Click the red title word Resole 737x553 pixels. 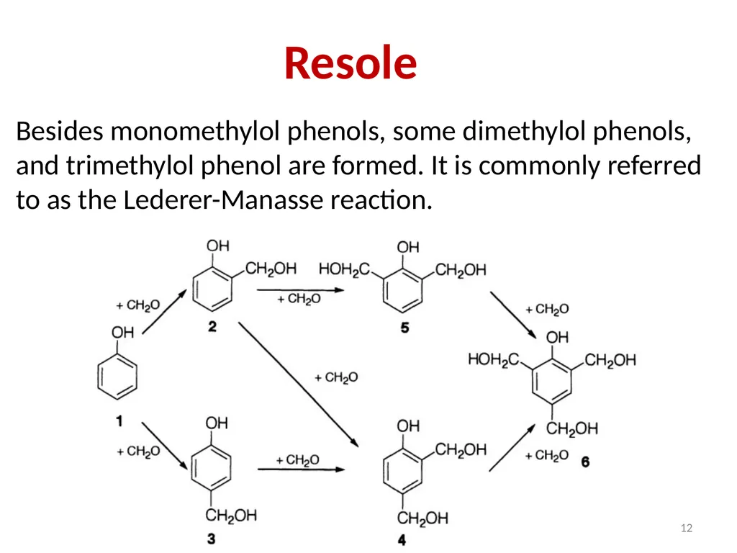pyautogui.click(x=351, y=63)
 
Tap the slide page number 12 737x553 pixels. pyautogui.click(x=686, y=528)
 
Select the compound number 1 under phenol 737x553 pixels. pyautogui.click(x=119, y=421)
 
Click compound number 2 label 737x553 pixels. pyautogui.click(x=212, y=326)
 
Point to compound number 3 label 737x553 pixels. pyautogui.click(x=212, y=539)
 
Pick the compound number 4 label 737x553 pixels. pyautogui.click(x=402, y=540)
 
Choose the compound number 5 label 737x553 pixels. pyautogui.click(x=404, y=328)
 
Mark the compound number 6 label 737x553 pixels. pyautogui.click(x=585, y=462)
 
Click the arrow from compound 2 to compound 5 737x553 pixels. pyautogui.click(x=300, y=290)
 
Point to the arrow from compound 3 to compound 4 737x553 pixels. pyautogui.click(x=302, y=469)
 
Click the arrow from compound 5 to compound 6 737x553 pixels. pyautogui.click(x=513, y=315)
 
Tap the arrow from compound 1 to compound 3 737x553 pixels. pyautogui.click(x=165, y=446)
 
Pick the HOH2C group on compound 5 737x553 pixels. pyautogui.click(x=344, y=269)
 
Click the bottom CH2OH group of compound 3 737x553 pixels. pyautogui.click(x=231, y=516)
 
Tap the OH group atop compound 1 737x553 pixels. pyautogui.click(x=122, y=333)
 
